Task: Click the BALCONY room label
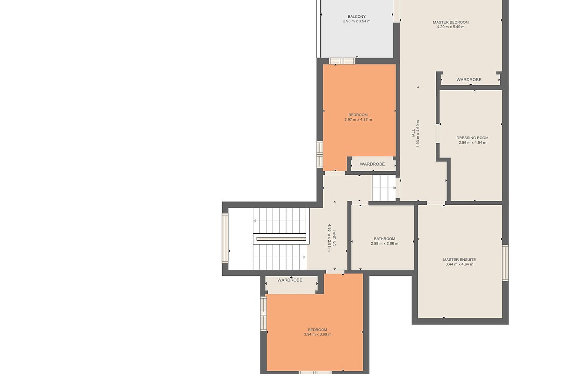pos(357,16)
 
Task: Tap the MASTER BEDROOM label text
pos(451,22)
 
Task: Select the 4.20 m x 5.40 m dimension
pos(451,27)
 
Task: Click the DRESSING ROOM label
pos(472,138)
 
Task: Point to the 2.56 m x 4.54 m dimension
pos(473,143)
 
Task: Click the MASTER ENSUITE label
pos(459,260)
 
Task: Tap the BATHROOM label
pos(384,239)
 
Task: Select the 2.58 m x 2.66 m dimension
pos(384,244)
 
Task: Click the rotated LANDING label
pos(334,238)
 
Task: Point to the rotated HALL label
pos(413,134)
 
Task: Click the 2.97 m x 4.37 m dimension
pos(358,120)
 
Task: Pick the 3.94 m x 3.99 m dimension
pos(317,334)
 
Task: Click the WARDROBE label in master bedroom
pos(469,79)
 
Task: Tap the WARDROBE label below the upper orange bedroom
pos(372,164)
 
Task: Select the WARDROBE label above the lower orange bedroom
pos(290,280)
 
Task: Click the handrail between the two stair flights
pos(281,239)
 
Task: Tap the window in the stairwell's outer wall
pos(225,238)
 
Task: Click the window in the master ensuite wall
pos(505,263)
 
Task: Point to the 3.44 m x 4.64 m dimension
pos(459,264)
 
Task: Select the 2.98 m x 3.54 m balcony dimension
pos(357,22)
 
